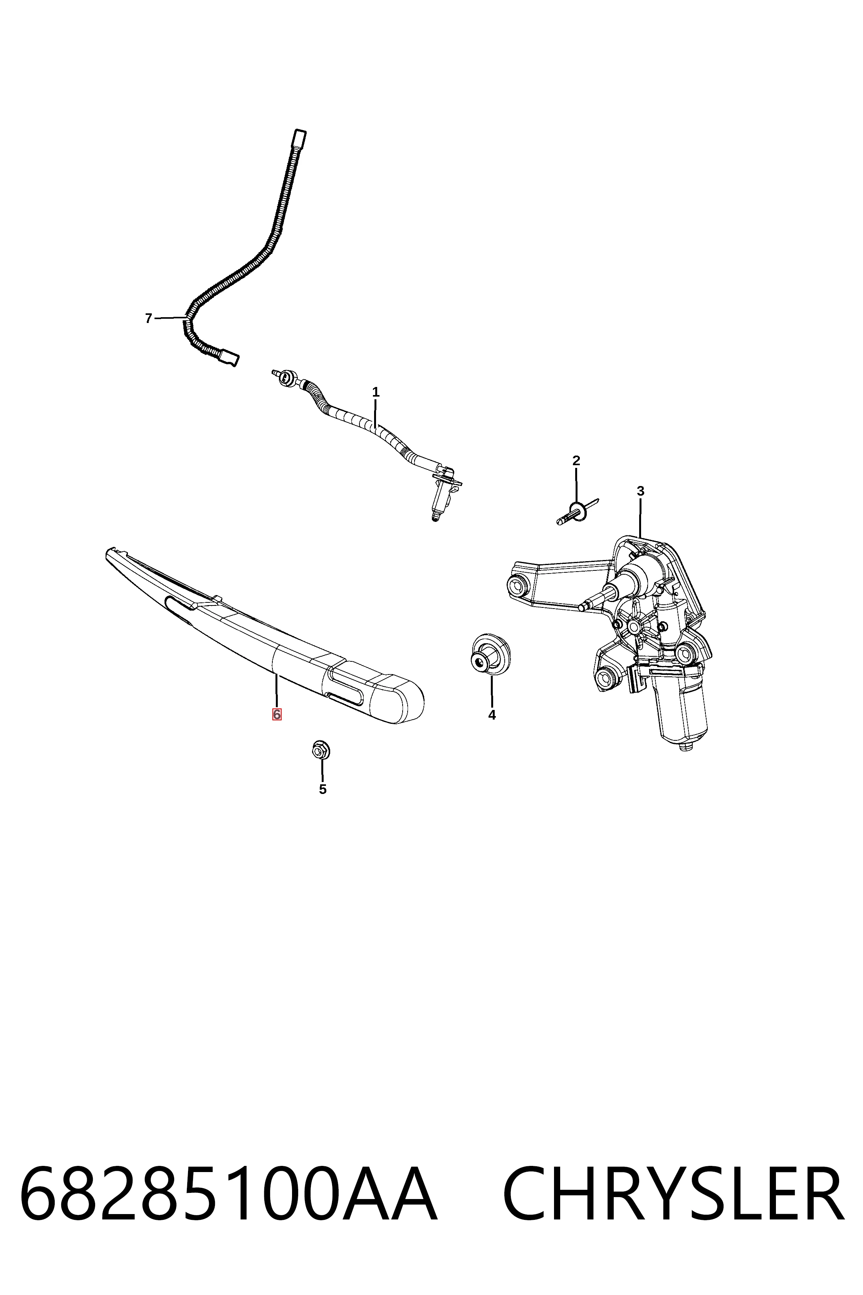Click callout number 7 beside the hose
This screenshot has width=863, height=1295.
pos(148,318)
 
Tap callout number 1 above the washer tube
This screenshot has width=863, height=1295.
pos(376,393)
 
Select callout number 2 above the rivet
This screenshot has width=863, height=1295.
pos(576,460)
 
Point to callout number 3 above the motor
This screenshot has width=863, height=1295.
pos(640,491)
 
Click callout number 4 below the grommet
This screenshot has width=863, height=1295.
pos(492,715)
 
